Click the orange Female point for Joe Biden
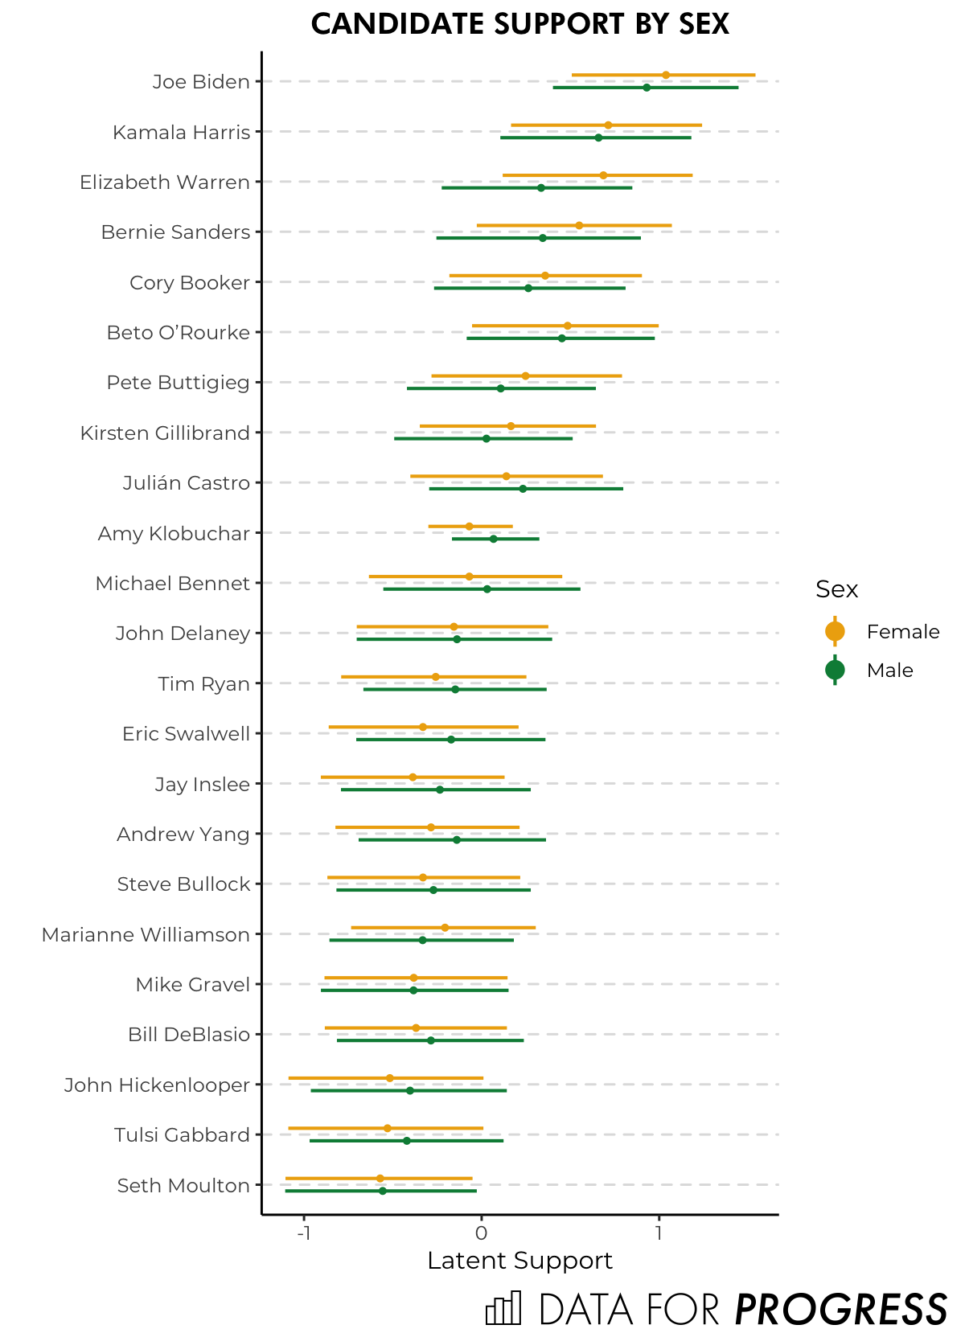tap(666, 75)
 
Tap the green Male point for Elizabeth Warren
tap(541, 187)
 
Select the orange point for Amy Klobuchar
tap(469, 527)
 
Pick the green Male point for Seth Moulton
tap(383, 1191)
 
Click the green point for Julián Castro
tap(523, 489)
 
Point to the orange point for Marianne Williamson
tap(445, 928)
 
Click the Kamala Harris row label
tap(181, 132)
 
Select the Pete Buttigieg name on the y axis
tap(178, 383)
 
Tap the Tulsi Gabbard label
tap(182, 1135)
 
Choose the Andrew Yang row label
tap(183, 835)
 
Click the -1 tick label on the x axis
tap(303, 1233)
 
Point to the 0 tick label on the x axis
tap(481, 1233)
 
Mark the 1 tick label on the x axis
tap(659, 1233)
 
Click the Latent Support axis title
tap(519, 1261)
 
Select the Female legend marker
tap(835, 632)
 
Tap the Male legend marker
tap(835, 670)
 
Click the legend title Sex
tap(836, 589)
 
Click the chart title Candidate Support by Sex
tap(519, 24)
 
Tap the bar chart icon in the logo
tap(503, 1308)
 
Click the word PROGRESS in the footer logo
tap(841, 1309)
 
